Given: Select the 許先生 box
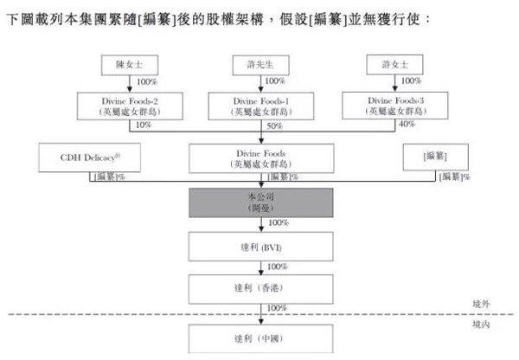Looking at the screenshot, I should tap(260, 65).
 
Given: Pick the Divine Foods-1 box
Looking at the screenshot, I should tap(260, 106).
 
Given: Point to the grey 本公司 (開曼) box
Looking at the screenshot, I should tap(260, 203).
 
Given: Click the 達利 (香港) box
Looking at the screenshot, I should tap(260, 286).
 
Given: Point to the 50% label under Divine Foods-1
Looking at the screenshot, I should tap(275, 126).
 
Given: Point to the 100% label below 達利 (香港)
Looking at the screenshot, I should tap(277, 307).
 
